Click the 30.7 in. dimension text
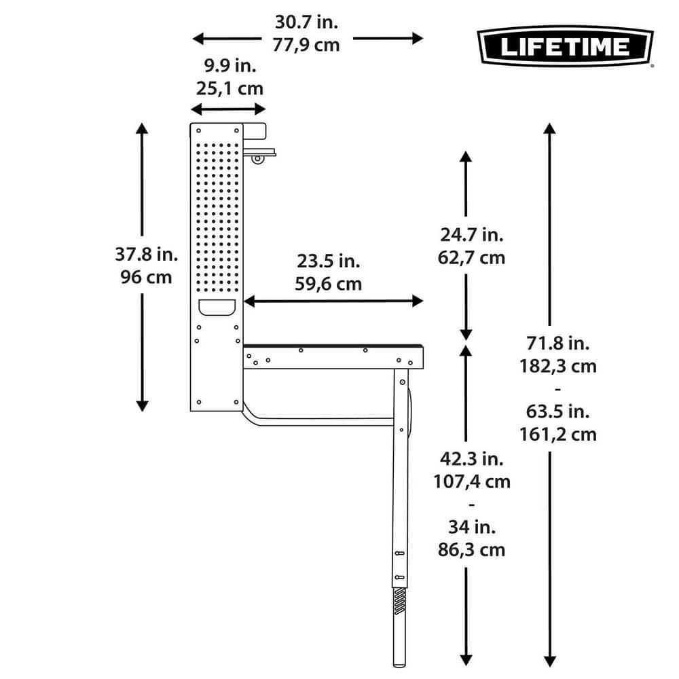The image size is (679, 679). tap(306, 22)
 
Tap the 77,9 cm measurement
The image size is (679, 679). tap(306, 45)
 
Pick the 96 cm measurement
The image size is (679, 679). tap(144, 277)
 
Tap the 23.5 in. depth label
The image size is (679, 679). tap(328, 261)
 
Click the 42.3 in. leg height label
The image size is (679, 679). tap(471, 459)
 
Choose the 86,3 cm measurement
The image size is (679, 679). tap(471, 549)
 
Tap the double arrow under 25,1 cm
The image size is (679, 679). tap(228, 109)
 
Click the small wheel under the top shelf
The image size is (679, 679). tap(257, 159)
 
